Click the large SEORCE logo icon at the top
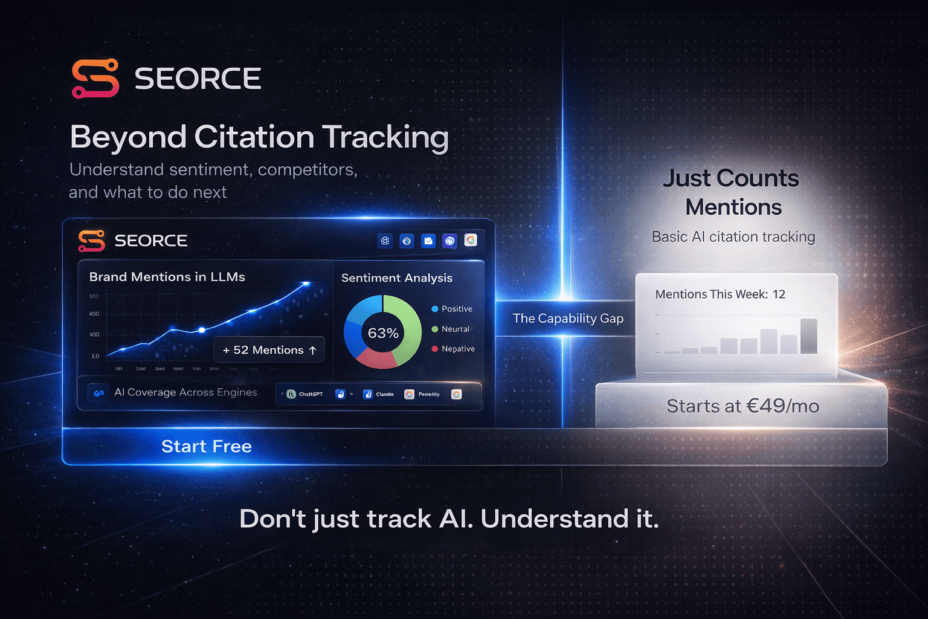(x=95, y=78)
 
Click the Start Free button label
(x=207, y=446)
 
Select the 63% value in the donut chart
(x=383, y=333)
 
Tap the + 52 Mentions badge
(x=269, y=350)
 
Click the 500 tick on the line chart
(x=94, y=296)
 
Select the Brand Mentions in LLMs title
(x=167, y=277)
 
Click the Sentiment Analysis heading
(x=396, y=278)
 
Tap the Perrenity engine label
(x=428, y=394)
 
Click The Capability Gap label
(x=568, y=319)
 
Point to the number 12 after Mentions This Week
(x=779, y=294)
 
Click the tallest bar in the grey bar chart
(x=808, y=336)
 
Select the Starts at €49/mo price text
(x=743, y=406)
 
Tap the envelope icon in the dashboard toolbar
(x=428, y=241)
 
